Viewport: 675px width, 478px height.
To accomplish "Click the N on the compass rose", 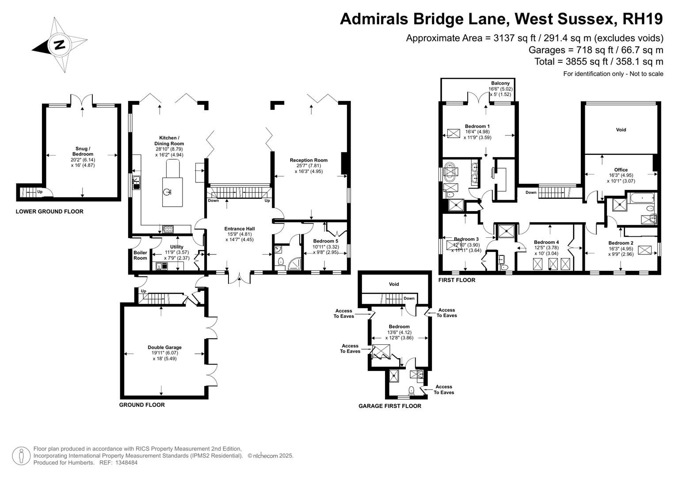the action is point(60,44).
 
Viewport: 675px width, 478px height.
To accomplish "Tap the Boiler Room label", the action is point(141,255).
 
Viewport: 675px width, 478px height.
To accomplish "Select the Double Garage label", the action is point(164,347).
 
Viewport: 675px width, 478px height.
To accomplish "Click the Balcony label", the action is point(500,83).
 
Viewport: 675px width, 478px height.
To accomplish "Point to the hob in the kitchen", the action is point(168,229).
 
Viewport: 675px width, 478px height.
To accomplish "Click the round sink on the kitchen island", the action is point(167,192).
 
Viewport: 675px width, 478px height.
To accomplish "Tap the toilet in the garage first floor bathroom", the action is point(411,391).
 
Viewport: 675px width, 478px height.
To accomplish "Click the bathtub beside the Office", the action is point(641,198).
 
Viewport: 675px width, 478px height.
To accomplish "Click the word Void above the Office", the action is point(621,130).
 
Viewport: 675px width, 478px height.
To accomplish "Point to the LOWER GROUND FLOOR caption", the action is point(50,212).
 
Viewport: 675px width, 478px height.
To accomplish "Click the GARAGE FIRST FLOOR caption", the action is point(389,406).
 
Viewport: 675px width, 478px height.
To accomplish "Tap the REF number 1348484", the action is point(126,463).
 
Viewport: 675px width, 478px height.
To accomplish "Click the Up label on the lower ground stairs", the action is point(40,192).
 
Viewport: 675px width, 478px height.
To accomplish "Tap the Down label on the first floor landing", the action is point(531,192).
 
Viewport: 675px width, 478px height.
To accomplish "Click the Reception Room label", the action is point(309,160).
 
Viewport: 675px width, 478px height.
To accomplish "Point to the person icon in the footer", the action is point(21,456).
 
